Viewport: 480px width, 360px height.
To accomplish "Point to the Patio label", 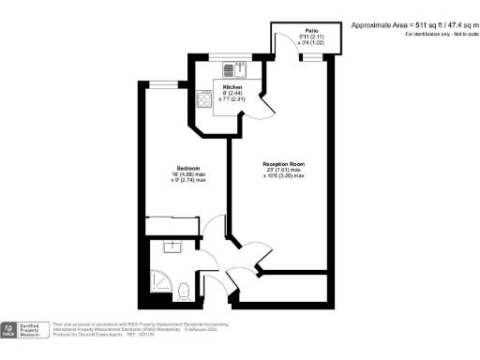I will pos(300,30).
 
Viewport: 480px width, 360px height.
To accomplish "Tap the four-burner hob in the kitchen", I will pos(204,99).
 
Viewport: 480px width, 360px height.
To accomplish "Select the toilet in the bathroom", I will pos(186,290).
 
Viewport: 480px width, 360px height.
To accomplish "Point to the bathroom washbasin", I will pos(172,247).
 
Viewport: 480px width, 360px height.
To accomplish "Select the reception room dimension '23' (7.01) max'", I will pos(281,172).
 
